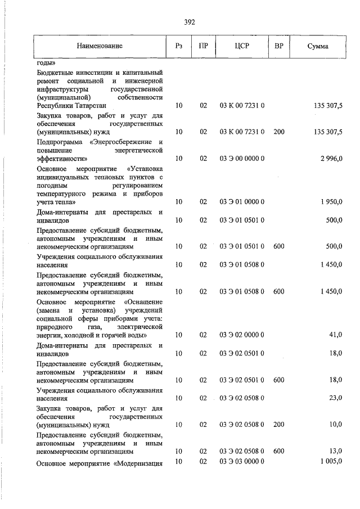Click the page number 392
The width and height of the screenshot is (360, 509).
(x=189, y=22)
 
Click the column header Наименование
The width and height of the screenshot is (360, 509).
(x=100, y=46)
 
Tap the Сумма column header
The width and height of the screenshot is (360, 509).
(x=318, y=46)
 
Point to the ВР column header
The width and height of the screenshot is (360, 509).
(x=278, y=46)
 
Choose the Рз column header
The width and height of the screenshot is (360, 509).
(x=179, y=46)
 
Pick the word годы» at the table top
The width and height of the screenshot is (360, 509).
(x=46, y=63)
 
